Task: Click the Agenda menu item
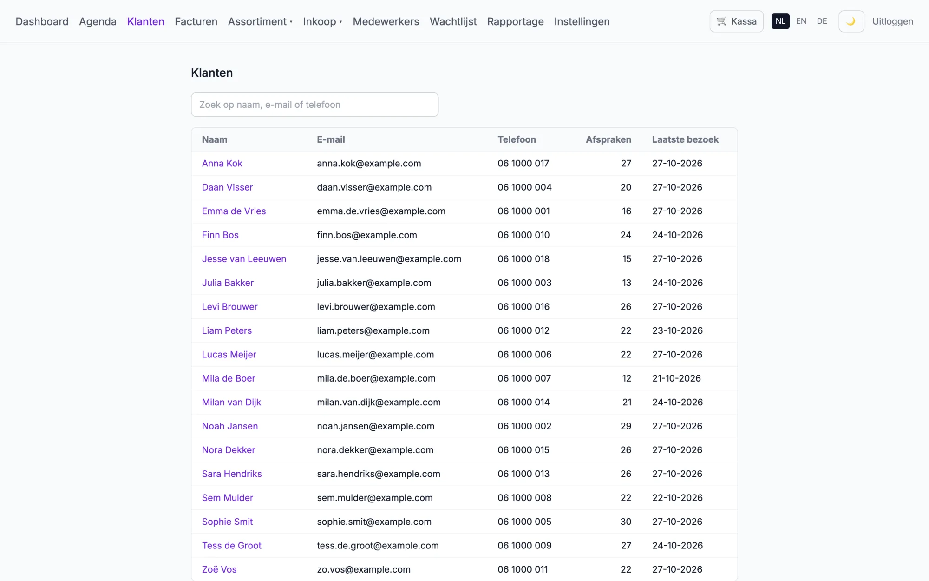tap(98, 21)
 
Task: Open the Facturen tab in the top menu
tap(196, 21)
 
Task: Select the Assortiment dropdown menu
tap(260, 21)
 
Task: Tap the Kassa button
tap(736, 21)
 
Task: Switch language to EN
tap(801, 21)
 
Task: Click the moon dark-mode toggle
tap(851, 21)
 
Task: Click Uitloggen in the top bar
tap(892, 21)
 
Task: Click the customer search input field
tap(314, 105)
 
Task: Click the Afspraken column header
tap(608, 139)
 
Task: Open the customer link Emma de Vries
tap(234, 211)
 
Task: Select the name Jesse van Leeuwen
tap(244, 259)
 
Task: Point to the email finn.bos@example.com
tap(367, 235)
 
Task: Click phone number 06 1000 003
tap(524, 283)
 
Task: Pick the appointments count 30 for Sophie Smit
tap(626, 522)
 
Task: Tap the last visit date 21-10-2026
tap(676, 378)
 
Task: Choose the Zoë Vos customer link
tap(219, 569)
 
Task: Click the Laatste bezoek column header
tap(685, 139)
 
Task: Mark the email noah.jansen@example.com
tap(375, 426)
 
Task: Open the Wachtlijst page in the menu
tap(453, 21)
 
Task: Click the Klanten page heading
tap(212, 73)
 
